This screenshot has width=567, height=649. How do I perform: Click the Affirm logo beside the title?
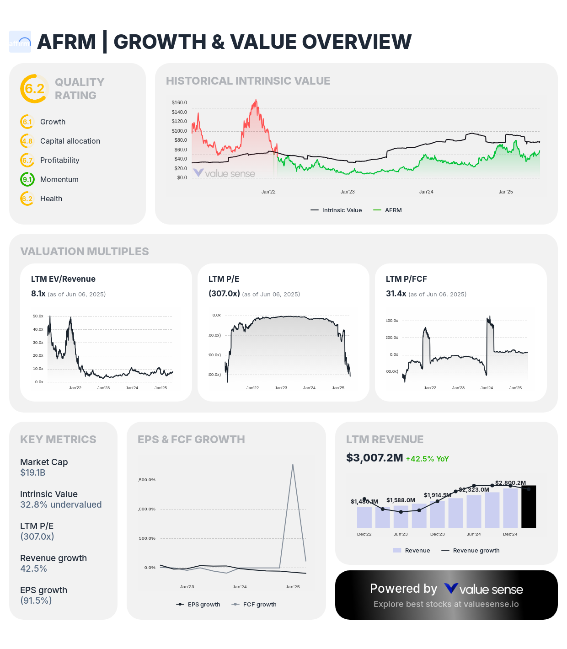pos(20,42)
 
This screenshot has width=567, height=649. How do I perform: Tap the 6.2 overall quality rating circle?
pos(34,89)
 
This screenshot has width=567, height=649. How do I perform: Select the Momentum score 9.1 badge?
pos(27,179)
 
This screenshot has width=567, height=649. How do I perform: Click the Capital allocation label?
pos(70,141)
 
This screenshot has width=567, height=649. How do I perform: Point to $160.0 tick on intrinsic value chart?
pos(179,102)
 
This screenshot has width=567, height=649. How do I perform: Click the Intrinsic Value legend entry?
pos(337,210)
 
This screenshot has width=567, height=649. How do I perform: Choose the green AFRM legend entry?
pos(388,210)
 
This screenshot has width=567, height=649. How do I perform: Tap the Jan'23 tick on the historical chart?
pos(348,192)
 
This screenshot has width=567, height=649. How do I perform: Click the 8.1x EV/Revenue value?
pos(38,294)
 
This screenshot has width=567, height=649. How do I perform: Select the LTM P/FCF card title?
pos(406,279)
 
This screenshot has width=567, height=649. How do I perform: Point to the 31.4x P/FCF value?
pos(396,294)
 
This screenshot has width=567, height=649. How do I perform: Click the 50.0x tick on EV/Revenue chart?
pos(38,316)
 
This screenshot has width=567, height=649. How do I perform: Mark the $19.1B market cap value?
pos(33,472)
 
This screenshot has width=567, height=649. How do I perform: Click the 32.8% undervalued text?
pos(61,504)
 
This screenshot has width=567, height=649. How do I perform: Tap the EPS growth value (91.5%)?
pos(36,601)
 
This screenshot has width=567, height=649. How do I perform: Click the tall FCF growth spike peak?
pos(293,465)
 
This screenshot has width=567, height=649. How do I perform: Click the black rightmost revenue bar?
pos(529,507)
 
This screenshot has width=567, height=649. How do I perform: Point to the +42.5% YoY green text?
pos(427,459)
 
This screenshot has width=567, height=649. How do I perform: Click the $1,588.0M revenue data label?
pos(401,500)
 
